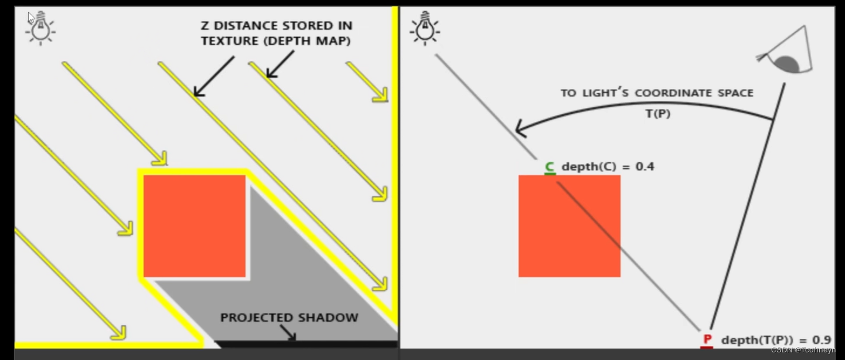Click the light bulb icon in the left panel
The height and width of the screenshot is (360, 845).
(x=40, y=28)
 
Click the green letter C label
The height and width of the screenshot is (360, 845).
(x=549, y=167)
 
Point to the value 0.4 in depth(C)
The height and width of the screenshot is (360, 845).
(x=645, y=167)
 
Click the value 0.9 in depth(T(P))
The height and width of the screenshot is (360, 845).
(x=822, y=340)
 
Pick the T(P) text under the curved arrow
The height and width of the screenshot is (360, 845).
(x=657, y=114)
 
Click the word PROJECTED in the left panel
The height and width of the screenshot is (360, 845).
(x=257, y=318)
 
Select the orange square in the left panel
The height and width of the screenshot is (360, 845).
(x=194, y=226)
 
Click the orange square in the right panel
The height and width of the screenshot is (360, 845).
(x=569, y=226)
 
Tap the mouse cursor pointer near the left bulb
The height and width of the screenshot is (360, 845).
(x=32, y=18)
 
